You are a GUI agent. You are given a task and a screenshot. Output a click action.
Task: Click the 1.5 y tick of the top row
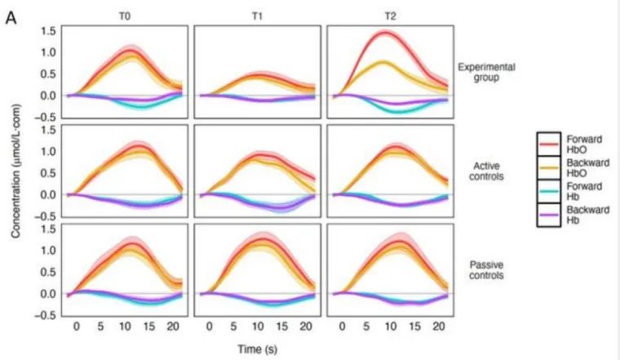(x=47, y=31)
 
